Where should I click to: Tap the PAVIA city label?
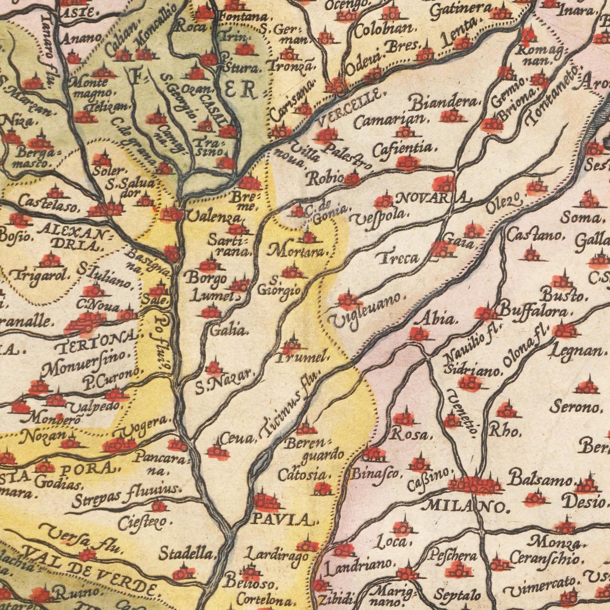pos(283,519)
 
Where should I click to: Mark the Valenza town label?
pos(215,217)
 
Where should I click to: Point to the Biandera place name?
pos(444,101)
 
